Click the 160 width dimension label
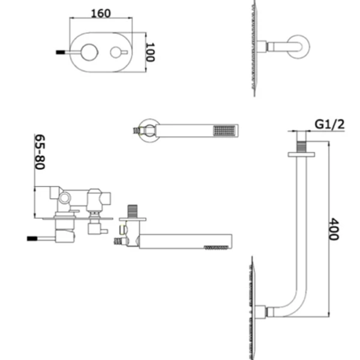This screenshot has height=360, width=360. pos(101,13)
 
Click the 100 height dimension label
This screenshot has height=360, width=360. pos(151,52)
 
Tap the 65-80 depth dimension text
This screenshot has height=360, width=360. pos(40,152)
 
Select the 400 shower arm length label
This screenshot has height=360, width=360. pos(334,229)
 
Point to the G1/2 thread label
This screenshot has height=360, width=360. pos(329,124)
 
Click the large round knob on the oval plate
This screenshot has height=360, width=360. pos(89,52)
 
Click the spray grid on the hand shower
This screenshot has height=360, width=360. pos(224,131)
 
